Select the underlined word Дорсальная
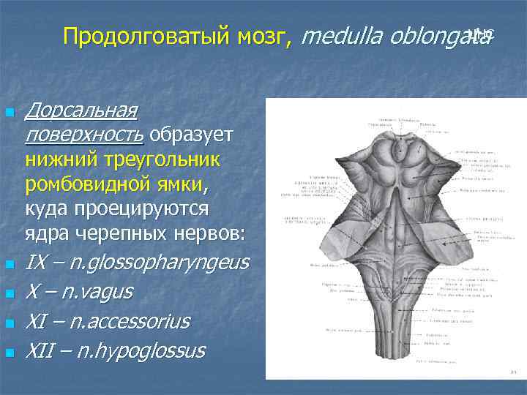81,110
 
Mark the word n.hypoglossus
138,350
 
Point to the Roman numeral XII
40,350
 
